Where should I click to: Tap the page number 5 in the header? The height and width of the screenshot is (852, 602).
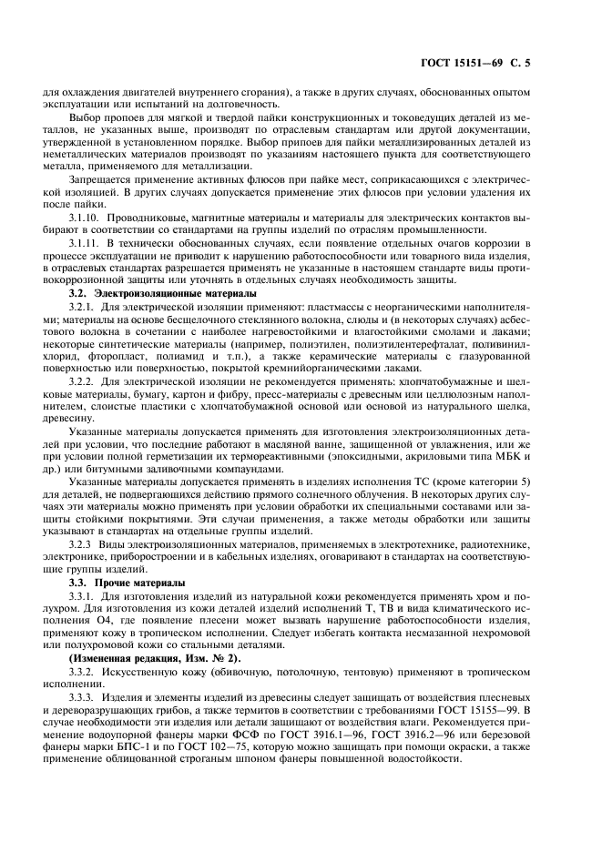tap(527, 64)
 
